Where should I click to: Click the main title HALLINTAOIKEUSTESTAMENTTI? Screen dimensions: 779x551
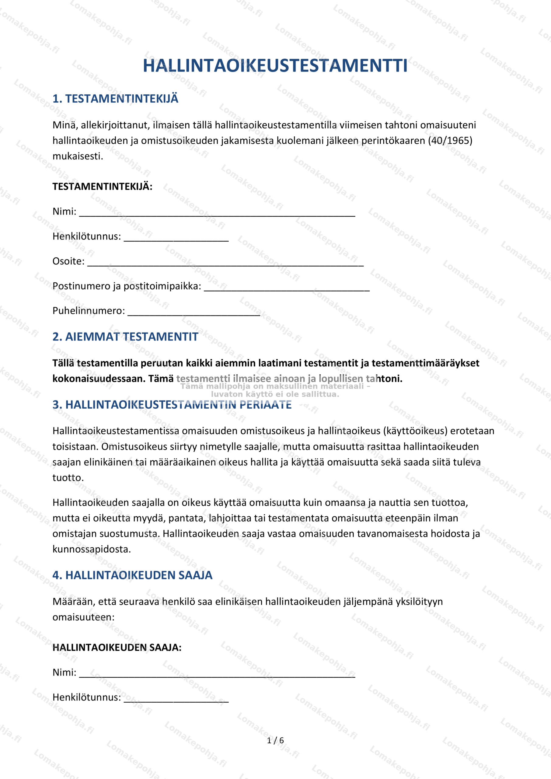pyautogui.click(x=275, y=66)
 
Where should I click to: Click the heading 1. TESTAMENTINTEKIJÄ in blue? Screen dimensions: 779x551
pyautogui.click(x=115, y=99)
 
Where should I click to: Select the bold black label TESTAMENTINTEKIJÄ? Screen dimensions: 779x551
pyautogui.click(x=102, y=187)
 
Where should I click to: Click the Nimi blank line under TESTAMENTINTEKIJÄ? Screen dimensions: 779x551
pyautogui.click(x=217, y=214)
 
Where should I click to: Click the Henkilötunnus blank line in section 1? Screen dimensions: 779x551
pyautogui.click(x=176, y=239)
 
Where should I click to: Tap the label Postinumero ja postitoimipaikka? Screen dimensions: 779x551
pyautogui.click(x=127, y=286)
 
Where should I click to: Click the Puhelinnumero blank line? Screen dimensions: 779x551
pyautogui.click(x=194, y=313)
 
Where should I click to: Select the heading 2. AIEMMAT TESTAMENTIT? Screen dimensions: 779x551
pyautogui.click(x=125, y=337)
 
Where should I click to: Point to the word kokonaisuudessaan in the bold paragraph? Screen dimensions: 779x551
pyautogui.click(x=99, y=379)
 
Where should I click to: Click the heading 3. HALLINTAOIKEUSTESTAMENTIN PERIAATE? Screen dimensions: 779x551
pyautogui.click(x=172, y=405)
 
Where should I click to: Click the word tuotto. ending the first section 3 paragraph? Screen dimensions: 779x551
pyautogui.click(x=68, y=478)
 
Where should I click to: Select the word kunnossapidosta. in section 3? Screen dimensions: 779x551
pyautogui.click(x=92, y=549)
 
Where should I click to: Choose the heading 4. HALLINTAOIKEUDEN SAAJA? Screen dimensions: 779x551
pyautogui.click(x=132, y=575)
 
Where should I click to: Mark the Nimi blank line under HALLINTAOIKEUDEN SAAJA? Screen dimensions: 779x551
pyautogui.click(x=217, y=675)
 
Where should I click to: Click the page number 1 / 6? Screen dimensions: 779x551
pyautogui.click(x=275, y=741)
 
